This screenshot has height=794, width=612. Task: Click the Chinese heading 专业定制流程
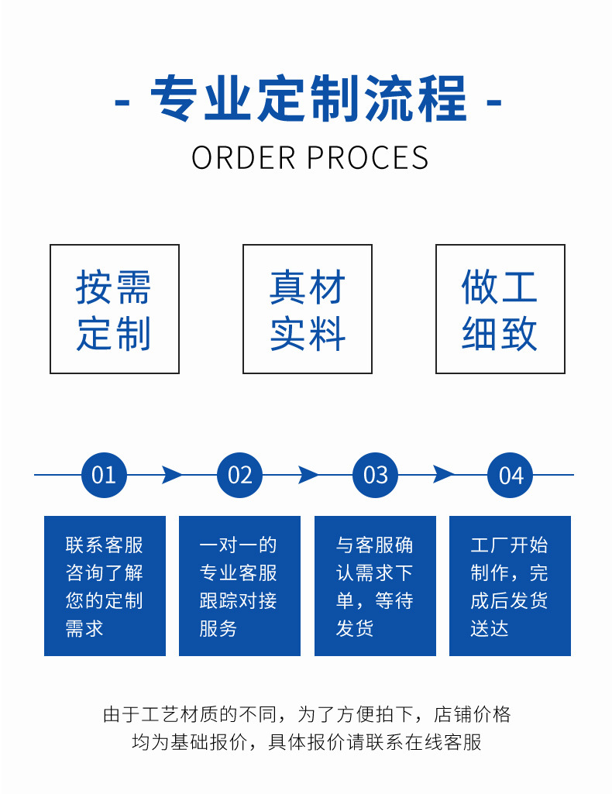(308, 100)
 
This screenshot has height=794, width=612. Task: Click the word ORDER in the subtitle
(244, 157)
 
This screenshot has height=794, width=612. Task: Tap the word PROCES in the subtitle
(368, 157)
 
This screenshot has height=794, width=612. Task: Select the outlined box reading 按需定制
(115, 309)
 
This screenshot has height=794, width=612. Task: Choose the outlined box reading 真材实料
(308, 309)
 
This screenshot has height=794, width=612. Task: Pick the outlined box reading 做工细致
(500, 309)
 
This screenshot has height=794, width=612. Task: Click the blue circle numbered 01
(104, 475)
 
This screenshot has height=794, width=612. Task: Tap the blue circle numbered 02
(239, 475)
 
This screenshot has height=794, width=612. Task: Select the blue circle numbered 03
(375, 475)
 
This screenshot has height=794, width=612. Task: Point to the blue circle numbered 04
(511, 475)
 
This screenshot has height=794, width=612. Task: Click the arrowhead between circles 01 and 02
(172, 475)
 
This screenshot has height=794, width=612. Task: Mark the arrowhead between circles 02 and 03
(308, 475)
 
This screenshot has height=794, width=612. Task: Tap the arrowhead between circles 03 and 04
(443, 475)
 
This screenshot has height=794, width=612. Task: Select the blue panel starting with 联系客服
(105, 586)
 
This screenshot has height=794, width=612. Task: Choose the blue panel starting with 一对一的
(239, 586)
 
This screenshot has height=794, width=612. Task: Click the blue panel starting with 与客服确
(375, 586)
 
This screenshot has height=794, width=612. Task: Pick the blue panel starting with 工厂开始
(510, 586)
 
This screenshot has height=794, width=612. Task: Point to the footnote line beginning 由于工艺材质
(307, 714)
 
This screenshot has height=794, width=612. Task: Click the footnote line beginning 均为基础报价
(307, 742)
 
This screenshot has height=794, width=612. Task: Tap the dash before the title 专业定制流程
(122, 101)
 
